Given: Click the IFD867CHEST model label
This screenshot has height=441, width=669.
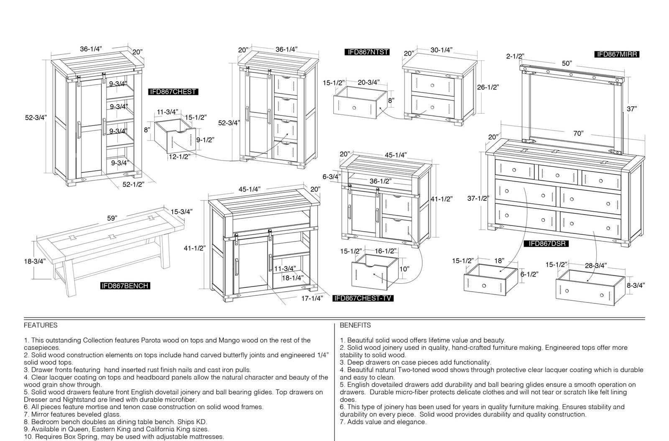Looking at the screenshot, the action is click(x=173, y=92).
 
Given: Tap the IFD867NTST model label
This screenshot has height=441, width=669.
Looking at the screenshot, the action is click(x=367, y=52).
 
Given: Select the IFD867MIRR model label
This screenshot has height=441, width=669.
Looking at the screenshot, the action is click(x=617, y=54).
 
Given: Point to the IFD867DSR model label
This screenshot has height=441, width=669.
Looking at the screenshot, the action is click(x=546, y=244).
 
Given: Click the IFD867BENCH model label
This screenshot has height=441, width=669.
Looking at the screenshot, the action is click(x=125, y=286).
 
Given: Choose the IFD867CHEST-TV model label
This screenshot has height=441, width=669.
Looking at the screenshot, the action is click(x=363, y=298).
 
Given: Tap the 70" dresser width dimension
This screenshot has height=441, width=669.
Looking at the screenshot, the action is click(x=578, y=133).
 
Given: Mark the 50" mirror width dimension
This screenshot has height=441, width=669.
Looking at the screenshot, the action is click(x=567, y=63).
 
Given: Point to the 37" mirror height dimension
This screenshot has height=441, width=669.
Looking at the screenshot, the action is click(x=632, y=109).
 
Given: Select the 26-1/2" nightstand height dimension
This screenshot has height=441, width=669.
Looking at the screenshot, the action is click(x=488, y=87).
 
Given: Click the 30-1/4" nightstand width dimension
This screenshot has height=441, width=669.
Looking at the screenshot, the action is click(x=442, y=50).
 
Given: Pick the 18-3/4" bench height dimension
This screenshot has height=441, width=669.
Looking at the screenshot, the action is click(x=35, y=262).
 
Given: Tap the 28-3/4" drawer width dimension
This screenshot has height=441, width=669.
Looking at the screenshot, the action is click(x=596, y=265).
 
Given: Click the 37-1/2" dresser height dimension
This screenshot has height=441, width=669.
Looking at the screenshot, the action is click(x=478, y=198).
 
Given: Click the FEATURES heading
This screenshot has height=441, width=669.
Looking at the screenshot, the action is click(x=41, y=326).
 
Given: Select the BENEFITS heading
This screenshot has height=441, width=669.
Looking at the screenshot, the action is click(x=355, y=326).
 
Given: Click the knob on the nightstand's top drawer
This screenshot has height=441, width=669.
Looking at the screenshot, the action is click(x=432, y=85).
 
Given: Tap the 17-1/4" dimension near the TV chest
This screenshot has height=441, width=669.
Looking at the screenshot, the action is click(x=312, y=298).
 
